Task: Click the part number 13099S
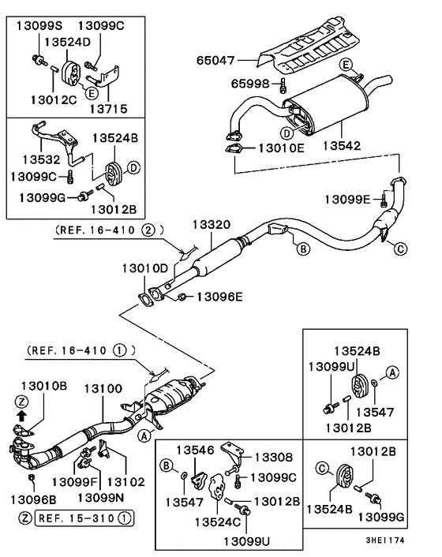click(38, 25)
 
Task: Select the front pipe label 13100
click(103, 389)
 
